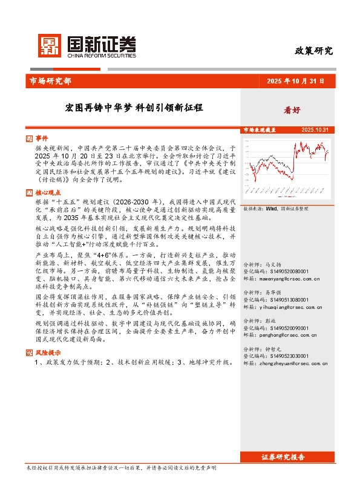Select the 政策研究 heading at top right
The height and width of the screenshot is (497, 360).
(314, 51)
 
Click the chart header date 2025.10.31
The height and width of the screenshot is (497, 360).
(315, 130)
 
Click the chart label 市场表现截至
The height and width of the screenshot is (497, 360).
(260, 130)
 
